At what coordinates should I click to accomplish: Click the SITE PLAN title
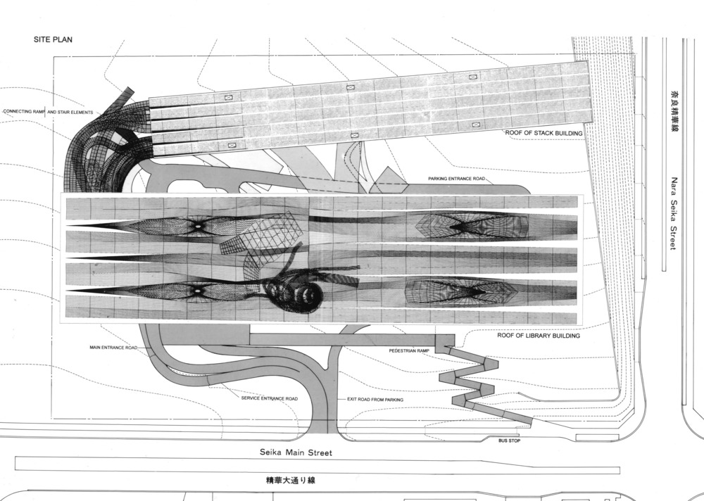point(53,40)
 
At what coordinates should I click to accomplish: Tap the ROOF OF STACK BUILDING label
point(543,132)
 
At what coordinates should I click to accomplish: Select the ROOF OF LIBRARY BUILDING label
point(537,336)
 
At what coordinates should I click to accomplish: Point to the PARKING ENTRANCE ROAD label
point(457,179)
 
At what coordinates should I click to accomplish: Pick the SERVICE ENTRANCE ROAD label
point(270,399)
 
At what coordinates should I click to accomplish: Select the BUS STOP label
point(509,441)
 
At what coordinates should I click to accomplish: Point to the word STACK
point(546,132)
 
